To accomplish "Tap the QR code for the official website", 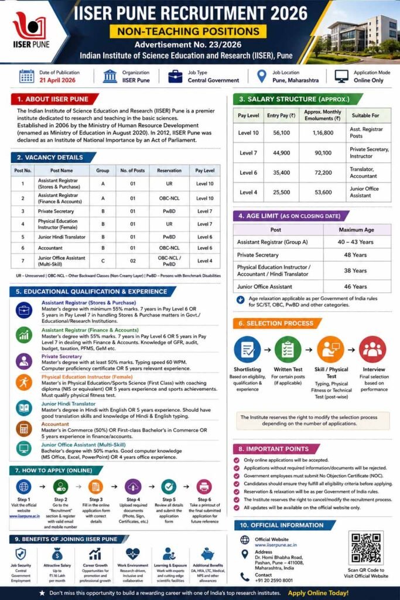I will point(366,547).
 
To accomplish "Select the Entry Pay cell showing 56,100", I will point(281,134).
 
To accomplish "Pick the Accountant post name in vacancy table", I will point(53,248).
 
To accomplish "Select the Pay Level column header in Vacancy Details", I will point(205,171).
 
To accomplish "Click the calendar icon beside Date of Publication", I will point(27,76).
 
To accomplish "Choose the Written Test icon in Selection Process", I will point(288,349).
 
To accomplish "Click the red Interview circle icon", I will point(372,349).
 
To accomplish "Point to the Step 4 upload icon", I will point(133,486).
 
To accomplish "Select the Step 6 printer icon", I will point(204,486).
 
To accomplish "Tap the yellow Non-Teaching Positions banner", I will point(188,32).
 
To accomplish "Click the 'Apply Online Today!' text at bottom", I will point(318,593).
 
